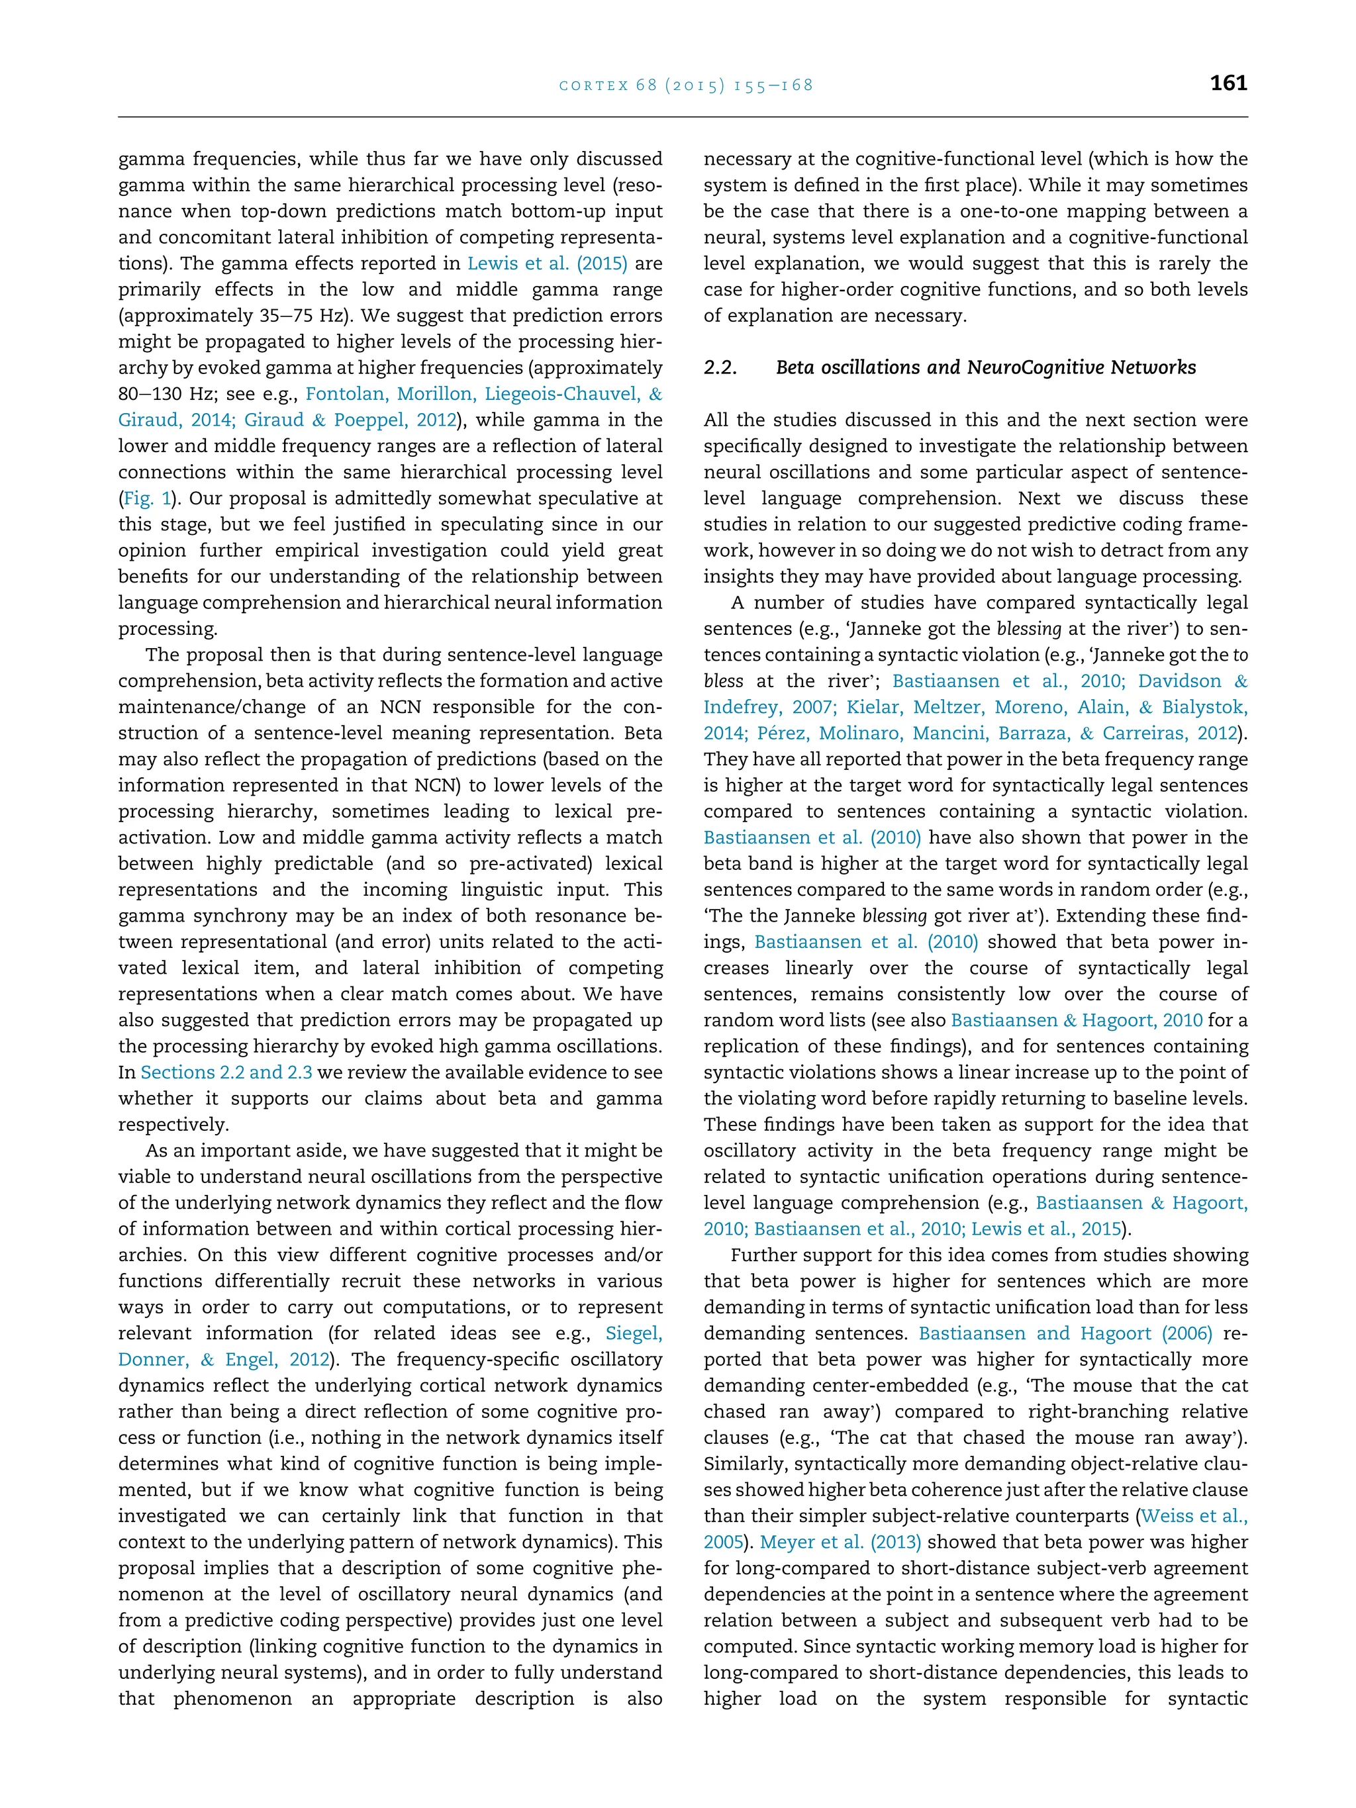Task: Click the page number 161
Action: tap(1228, 83)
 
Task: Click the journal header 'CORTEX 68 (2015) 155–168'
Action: tap(686, 85)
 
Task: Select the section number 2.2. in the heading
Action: tap(720, 368)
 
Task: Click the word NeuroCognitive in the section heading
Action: tap(1035, 368)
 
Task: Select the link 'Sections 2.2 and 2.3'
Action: tap(226, 1072)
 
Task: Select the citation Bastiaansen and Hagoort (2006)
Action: tap(1065, 1333)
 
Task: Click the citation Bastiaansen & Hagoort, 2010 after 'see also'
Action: tap(1077, 1020)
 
